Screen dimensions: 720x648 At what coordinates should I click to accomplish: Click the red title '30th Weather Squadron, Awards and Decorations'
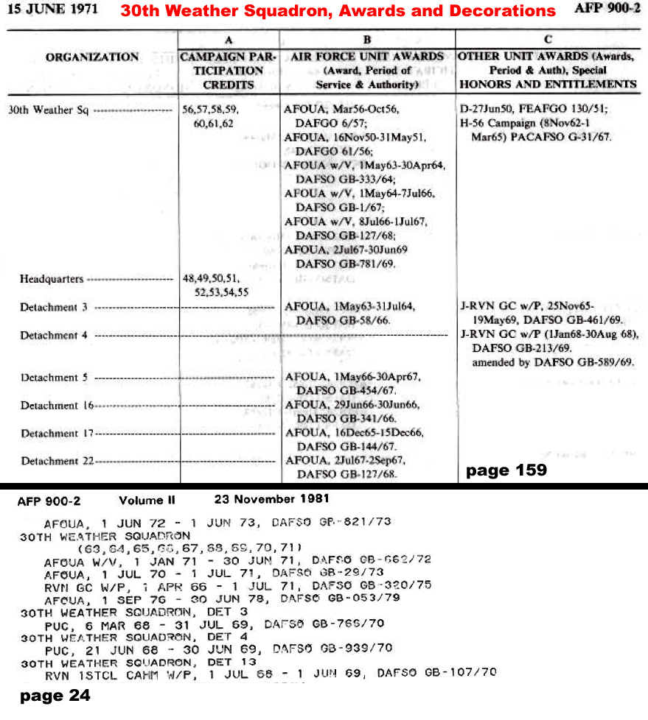(338, 10)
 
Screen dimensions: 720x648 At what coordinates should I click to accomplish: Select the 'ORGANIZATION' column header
(92, 57)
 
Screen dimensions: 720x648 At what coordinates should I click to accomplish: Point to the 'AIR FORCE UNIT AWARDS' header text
(367, 57)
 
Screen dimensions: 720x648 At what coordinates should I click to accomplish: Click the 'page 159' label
(506, 470)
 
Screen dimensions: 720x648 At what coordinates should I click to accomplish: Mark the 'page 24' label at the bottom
(55, 695)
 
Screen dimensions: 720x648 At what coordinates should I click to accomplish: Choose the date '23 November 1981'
(272, 499)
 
